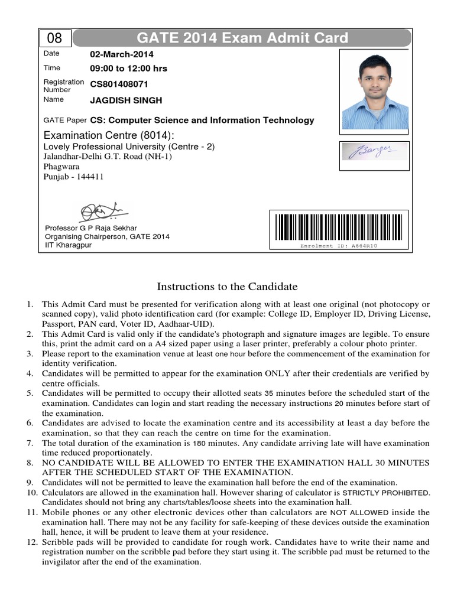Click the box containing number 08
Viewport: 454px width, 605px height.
tap(55, 39)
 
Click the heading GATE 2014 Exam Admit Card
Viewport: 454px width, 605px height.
tap(242, 39)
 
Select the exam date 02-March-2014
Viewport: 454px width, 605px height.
tap(122, 54)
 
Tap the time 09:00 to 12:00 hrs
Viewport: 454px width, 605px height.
tap(128, 69)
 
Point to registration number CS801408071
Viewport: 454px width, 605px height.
tap(123, 84)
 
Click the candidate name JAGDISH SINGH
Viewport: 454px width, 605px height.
tap(126, 100)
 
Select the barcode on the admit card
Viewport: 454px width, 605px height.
tap(339, 227)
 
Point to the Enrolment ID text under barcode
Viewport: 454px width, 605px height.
tap(339, 246)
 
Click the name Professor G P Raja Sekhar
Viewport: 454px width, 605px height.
tap(91, 228)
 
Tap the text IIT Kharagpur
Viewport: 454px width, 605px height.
tap(69, 245)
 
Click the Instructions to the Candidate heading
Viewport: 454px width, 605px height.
tap(227, 287)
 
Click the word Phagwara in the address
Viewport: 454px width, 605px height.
tap(62, 167)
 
